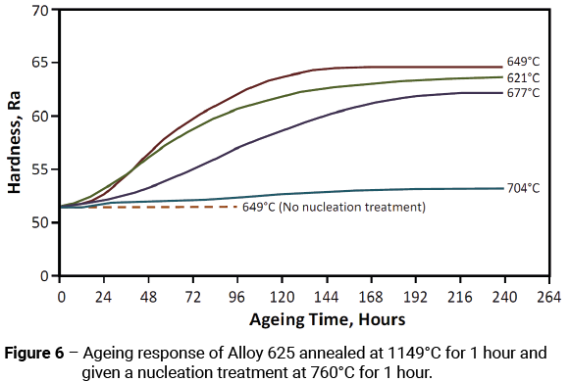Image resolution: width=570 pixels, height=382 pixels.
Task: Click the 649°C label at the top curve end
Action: pos(523,61)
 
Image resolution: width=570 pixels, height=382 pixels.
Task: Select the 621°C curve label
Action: pos(523,77)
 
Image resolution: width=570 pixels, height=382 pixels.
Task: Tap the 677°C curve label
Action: pos(523,93)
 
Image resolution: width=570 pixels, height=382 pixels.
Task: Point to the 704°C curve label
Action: pos(523,188)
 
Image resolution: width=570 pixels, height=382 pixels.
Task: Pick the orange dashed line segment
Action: pos(147,207)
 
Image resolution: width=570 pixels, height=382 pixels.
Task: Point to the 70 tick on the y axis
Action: pos(40,11)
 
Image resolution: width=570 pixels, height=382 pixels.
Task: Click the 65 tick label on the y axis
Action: pos(40,64)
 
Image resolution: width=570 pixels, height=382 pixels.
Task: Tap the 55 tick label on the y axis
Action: pos(40,169)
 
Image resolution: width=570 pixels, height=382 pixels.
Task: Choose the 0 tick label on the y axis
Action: pos(44,276)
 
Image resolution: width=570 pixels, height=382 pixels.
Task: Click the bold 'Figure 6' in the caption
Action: pos(36,351)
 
